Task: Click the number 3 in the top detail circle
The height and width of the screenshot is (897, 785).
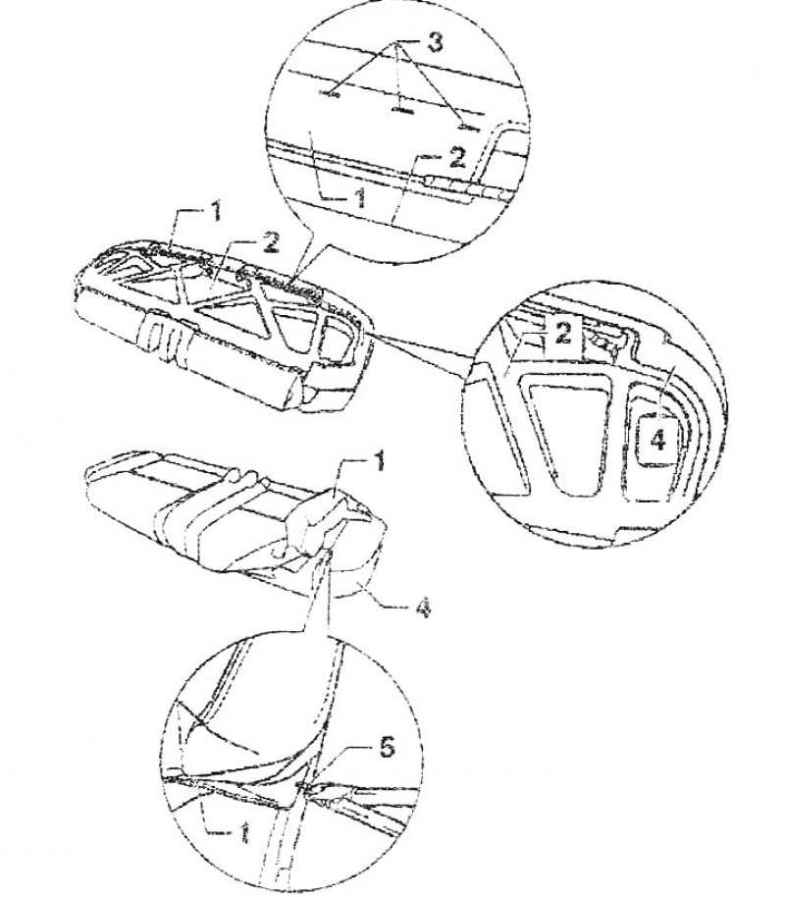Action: tap(436, 42)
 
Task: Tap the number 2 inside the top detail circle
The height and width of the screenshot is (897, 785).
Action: tap(457, 157)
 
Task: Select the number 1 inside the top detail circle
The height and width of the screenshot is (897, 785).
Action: tap(360, 197)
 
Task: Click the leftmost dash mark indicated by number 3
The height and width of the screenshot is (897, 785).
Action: tap(331, 93)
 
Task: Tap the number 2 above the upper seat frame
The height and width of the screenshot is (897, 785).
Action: tap(270, 242)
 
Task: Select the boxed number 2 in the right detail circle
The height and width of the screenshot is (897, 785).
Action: tap(563, 333)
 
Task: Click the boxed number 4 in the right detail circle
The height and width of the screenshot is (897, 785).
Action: tap(658, 441)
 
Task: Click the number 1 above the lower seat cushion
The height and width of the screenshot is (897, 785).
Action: tap(379, 461)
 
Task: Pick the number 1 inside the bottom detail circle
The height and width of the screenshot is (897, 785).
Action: tap(244, 832)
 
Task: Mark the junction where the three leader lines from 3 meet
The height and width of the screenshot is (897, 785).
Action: tap(395, 44)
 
